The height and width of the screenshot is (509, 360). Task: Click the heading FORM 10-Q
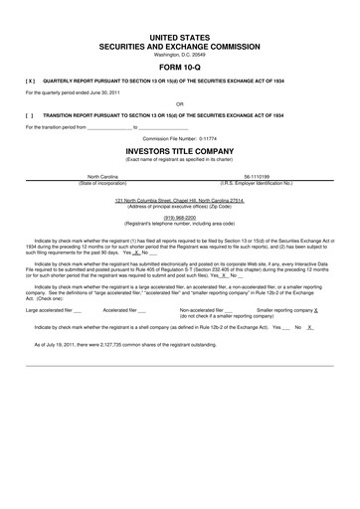tap(180, 68)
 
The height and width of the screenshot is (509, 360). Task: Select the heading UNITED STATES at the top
tap(180, 36)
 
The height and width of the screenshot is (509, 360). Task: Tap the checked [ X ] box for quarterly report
tap(31, 82)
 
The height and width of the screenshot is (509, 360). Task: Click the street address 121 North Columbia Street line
tap(180, 200)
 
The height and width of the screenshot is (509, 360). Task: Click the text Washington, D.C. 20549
tap(180, 54)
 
